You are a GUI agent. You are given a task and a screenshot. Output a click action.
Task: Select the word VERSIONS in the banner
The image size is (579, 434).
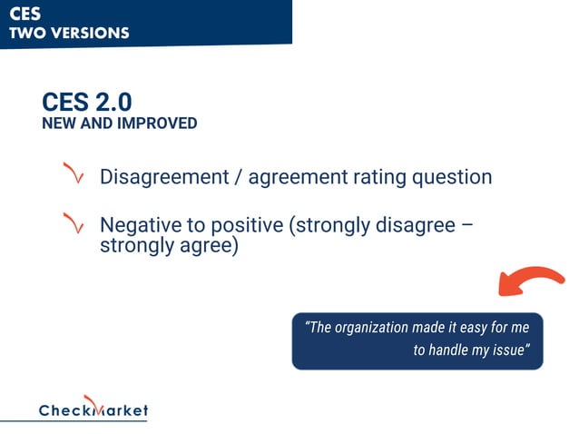(89, 34)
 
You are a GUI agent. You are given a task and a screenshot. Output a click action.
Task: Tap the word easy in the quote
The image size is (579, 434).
(489, 328)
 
